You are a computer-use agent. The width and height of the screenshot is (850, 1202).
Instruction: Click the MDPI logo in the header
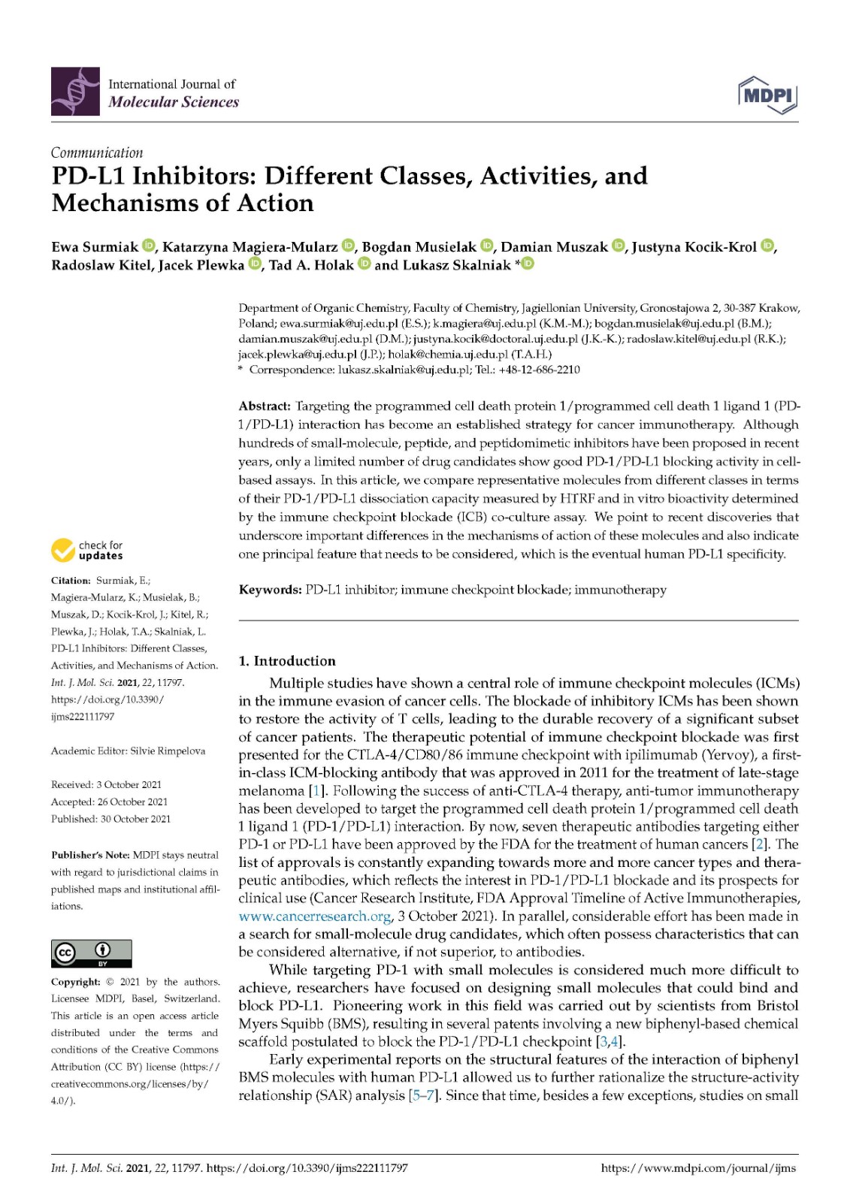tap(767, 95)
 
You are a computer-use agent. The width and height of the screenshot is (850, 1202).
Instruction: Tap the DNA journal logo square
tap(75, 92)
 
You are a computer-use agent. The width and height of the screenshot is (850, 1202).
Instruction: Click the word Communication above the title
tap(97, 153)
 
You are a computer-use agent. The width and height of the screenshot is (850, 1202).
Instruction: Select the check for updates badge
tap(87, 551)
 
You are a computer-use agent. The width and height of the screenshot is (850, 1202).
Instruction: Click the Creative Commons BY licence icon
tap(91, 953)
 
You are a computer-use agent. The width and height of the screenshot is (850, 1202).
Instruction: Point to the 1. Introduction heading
tap(287, 661)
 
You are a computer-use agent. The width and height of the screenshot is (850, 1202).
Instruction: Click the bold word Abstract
tap(265, 406)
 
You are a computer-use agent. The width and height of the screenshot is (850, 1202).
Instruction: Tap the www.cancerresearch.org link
tap(315, 917)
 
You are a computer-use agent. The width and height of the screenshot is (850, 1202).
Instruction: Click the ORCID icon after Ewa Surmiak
tap(148, 246)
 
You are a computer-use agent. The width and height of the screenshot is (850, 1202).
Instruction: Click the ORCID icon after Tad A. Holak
tap(364, 264)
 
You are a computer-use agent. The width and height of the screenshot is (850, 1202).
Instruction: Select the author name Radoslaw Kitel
tap(101, 265)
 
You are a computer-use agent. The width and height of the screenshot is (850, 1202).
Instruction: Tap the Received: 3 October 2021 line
tap(106, 785)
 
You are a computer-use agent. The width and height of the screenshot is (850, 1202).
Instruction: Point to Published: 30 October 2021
tap(110, 819)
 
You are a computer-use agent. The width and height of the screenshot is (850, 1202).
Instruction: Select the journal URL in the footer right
tap(698, 1168)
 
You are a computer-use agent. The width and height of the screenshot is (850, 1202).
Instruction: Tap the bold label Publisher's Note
tap(90, 856)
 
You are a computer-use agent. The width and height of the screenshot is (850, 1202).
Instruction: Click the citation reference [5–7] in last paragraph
tap(424, 1095)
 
